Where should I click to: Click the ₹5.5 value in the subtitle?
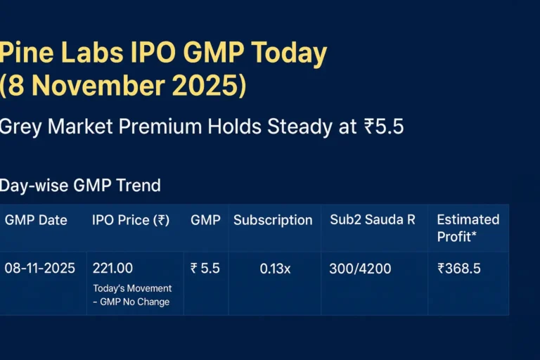tap(383, 127)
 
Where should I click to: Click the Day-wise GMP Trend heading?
tap(80, 186)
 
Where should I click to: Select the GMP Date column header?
tap(36, 220)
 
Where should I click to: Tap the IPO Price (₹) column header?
tap(131, 220)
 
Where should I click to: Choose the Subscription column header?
tap(273, 220)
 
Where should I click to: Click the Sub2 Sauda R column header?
tap(373, 219)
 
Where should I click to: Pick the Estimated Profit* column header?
tap(468, 228)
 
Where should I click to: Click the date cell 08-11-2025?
tap(40, 269)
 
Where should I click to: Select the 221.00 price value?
tap(112, 269)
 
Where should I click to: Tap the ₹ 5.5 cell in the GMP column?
tap(205, 269)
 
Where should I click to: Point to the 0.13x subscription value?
tap(275, 269)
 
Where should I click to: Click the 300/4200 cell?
tap(361, 269)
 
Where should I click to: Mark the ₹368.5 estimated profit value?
tap(459, 269)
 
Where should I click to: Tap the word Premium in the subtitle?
tap(161, 127)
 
